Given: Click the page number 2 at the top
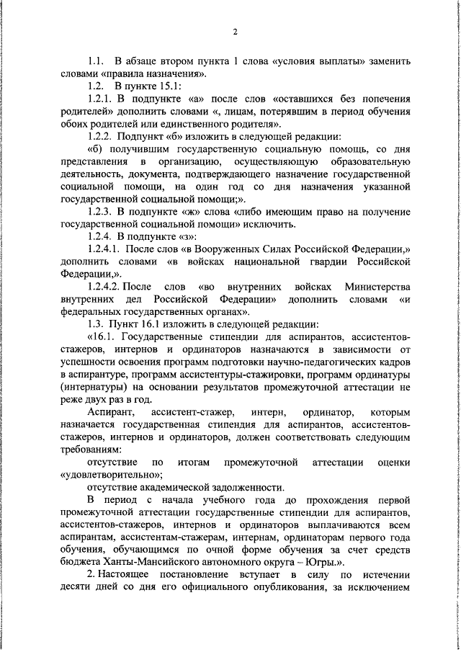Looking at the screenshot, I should pos(235,32).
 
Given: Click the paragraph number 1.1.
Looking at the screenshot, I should pos(96,61).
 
